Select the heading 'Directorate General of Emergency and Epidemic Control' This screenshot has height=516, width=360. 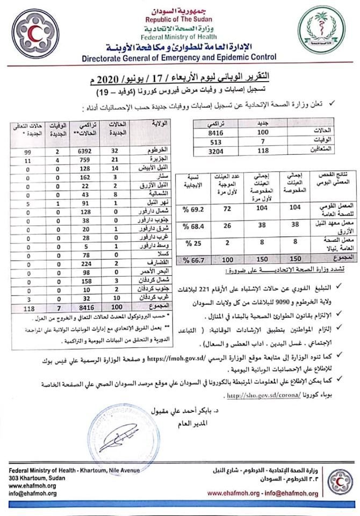point(179,56)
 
